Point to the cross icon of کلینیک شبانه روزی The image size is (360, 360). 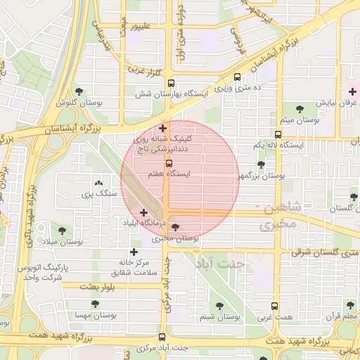163,128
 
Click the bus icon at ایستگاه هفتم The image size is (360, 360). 167,164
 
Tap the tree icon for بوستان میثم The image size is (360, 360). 300,109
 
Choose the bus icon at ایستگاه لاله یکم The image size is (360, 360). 278,134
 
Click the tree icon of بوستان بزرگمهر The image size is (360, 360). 261,165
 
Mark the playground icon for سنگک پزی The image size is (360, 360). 97,182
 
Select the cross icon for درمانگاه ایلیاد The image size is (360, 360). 143,212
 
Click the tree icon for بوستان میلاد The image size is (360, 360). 62,230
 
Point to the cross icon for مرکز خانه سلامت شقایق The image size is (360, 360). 134,252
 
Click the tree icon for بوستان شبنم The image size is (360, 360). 219,306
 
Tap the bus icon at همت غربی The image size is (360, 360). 274,306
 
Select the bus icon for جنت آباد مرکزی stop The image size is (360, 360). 163,337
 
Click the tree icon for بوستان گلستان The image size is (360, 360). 354,198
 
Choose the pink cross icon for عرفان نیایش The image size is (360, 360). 353,91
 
